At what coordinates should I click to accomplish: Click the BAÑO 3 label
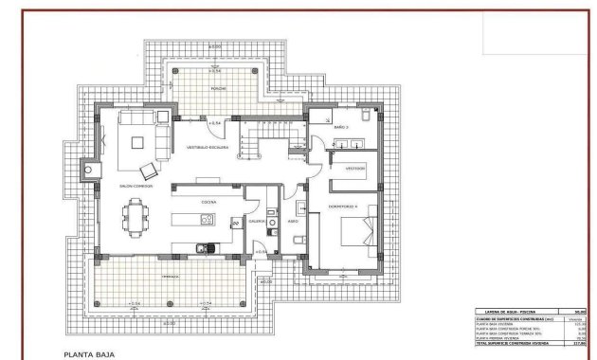tap(342, 126)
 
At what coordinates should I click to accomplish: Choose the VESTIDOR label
tap(354, 169)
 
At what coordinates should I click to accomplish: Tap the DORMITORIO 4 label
tap(341, 206)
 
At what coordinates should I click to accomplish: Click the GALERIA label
tap(257, 220)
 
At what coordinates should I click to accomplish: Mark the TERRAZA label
tap(169, 276)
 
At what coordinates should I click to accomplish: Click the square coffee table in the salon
tap(138, 143)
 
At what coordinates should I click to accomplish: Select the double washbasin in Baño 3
tap(353, 144)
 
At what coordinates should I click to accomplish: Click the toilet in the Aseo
tap(298, 243)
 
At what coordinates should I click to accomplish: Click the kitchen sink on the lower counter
tap(202, 249)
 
